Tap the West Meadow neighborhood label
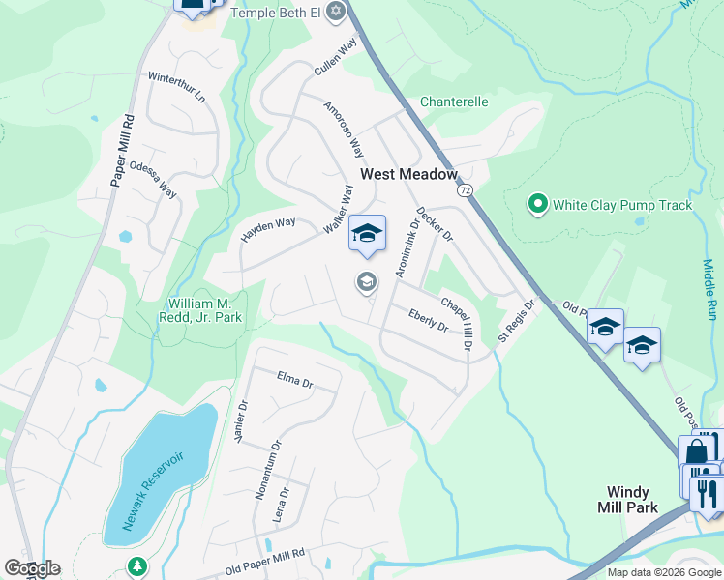[407, 174]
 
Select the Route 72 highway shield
[467, 190]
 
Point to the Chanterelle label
[454, 101]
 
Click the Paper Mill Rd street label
[122, 151]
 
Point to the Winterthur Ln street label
[176, 87]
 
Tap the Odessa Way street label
[153, 177]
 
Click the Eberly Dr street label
[428, 320]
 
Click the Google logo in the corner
[32, 568]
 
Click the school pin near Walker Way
[367, 236]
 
